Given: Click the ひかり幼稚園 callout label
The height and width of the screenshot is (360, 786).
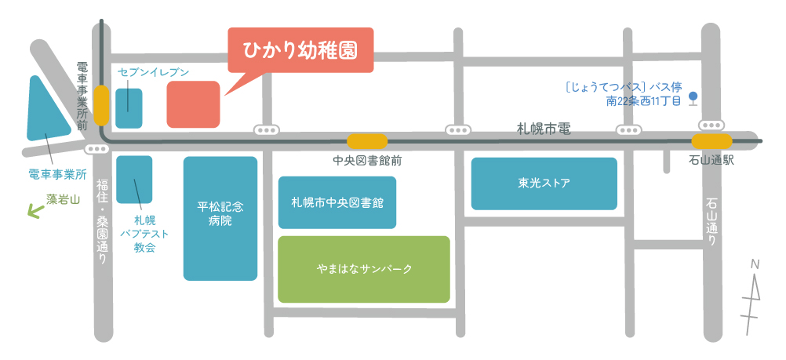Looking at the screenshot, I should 300,50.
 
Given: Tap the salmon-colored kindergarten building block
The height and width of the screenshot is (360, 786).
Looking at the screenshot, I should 193,104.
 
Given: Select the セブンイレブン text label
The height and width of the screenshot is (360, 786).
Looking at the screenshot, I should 154,72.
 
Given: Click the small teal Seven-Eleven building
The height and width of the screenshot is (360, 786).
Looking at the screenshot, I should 129,108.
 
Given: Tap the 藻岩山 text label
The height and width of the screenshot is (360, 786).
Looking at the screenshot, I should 64,199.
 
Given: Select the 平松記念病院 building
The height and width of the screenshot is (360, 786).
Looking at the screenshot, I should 220,218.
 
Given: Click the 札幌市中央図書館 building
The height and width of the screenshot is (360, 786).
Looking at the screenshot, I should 337,202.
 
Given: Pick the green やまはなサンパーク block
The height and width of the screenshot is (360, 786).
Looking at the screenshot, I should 364,269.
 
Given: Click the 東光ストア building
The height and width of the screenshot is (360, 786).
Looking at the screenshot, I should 544,184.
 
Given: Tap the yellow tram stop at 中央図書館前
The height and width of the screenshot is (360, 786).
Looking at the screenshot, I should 367,141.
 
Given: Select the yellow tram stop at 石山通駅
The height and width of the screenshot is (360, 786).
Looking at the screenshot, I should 711,141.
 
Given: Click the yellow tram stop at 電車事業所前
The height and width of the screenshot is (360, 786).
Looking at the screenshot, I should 101,105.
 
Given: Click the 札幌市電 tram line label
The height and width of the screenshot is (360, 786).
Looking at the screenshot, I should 544,129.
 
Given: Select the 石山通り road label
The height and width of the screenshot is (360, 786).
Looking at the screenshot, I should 711,223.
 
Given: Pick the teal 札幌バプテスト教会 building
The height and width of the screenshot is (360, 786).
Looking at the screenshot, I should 134,180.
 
